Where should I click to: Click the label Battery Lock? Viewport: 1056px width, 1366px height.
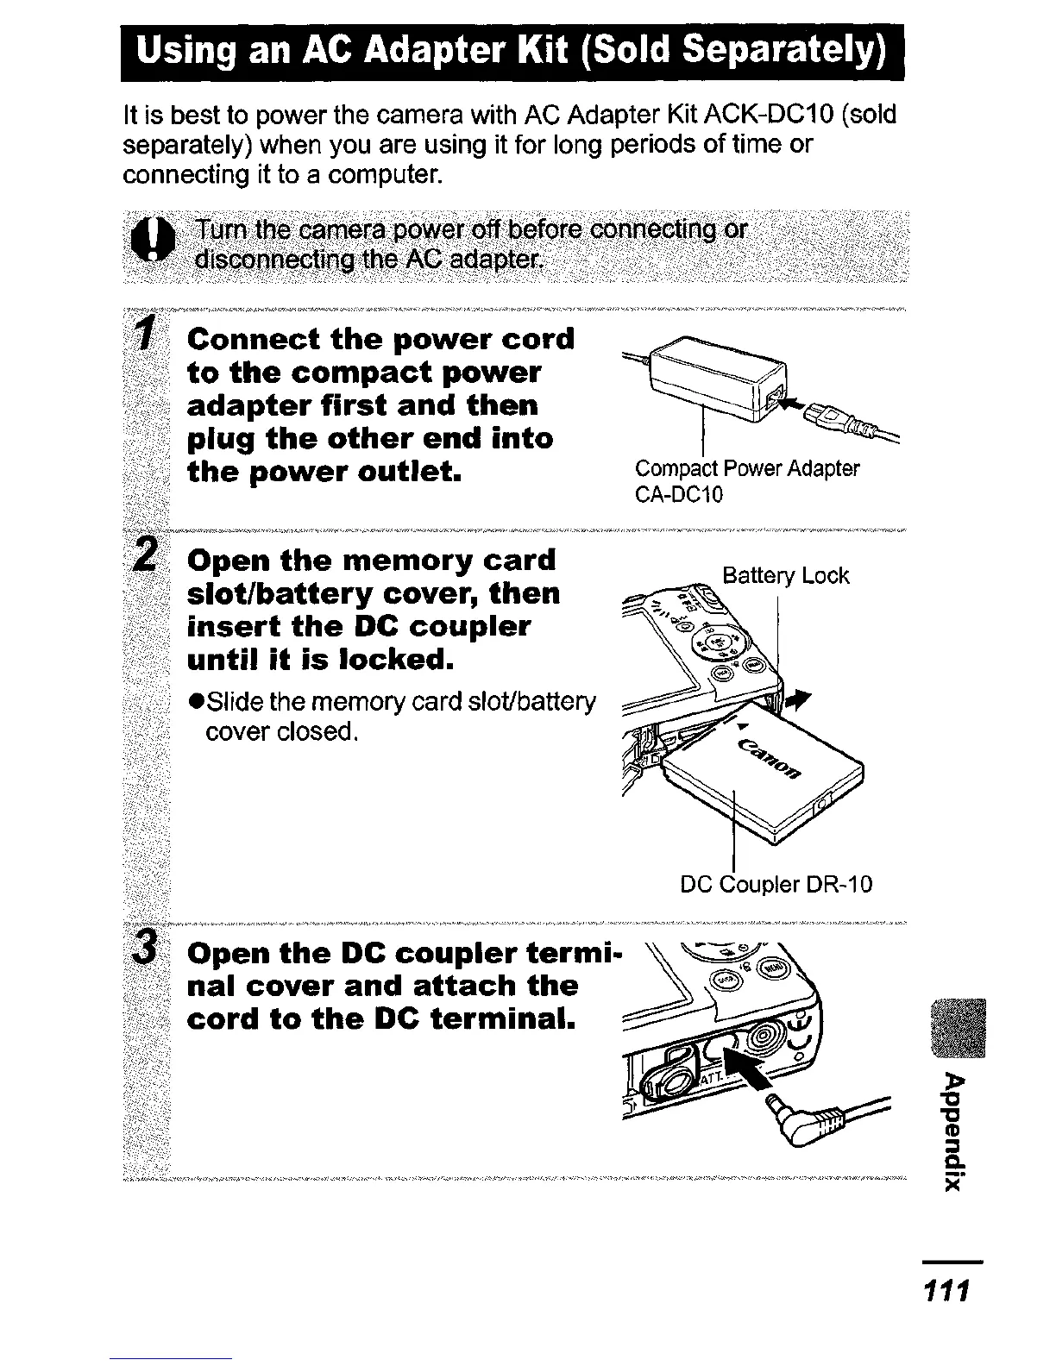click(785, 576)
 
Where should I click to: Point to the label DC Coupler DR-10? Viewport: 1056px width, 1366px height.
click(776, 884)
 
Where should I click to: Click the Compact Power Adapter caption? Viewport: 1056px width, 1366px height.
click(747, 469)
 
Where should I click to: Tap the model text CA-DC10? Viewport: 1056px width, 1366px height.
click(679, 495)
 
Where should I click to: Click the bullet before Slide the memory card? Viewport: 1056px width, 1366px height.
click(196, 704)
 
